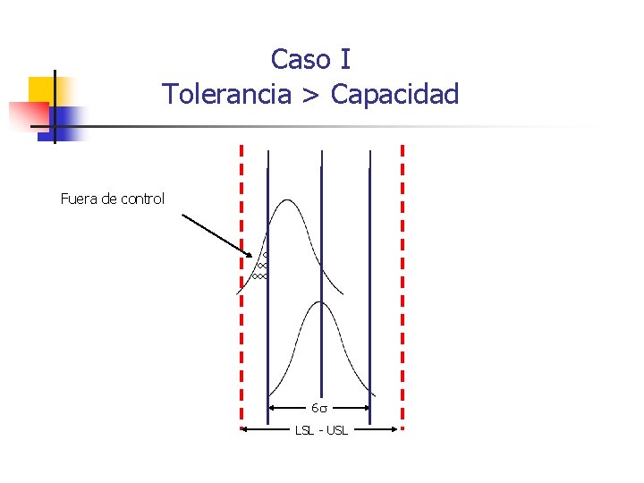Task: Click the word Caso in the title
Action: coord(299,60)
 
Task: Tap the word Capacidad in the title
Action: coord(394,93)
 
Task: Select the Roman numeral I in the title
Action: coord(345,60)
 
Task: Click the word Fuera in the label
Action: coord(78,199)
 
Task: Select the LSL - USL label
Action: coord(321,431)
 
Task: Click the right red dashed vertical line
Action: coord(402,286)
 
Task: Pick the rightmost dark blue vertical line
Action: coord(369,268)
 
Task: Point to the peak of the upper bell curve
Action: coord(286,199)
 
